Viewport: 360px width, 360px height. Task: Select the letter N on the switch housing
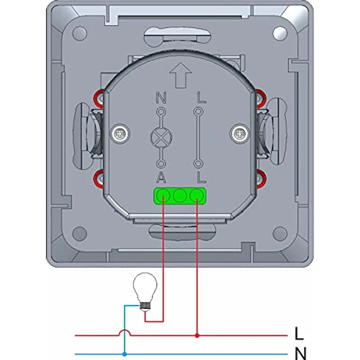(x=161, y=97)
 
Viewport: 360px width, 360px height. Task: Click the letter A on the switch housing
(x=161, y=178)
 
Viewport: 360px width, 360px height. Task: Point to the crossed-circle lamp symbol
(x=161, y=137)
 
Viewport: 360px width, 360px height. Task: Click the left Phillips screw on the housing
(x=120, y=134)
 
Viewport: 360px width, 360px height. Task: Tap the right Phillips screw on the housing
(x=240, y=134)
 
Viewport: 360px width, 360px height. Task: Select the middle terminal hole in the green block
(x=180, y=196)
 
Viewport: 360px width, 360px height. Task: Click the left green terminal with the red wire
(x=163, y=196)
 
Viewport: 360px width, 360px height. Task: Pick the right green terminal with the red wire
(x=197, y=196)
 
